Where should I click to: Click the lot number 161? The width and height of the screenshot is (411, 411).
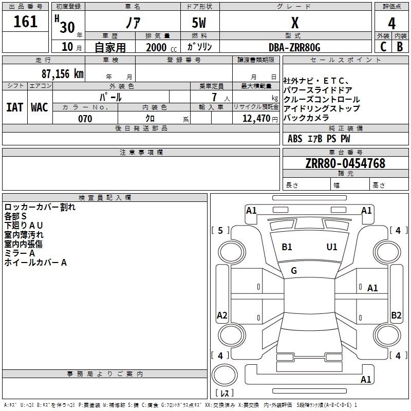click(26, 22)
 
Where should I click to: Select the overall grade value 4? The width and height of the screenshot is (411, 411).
click(392, 23)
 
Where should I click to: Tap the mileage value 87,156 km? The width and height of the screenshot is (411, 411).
click(63, 74)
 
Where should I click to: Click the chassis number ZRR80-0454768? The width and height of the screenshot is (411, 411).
click(345, 163)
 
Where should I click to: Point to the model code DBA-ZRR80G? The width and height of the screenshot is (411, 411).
click(294, 47)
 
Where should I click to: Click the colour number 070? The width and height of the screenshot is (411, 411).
click(85, 119)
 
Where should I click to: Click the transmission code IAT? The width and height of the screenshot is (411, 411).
click(15, 107)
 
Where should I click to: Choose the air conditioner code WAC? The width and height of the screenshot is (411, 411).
click(40, 107)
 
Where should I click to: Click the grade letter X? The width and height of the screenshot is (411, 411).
click(295, 23)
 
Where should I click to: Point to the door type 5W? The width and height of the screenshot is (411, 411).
click(199, 23)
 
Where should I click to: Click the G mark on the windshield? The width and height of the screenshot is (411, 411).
click(294, 270)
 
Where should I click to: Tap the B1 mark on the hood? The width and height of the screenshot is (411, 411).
click(287, 247)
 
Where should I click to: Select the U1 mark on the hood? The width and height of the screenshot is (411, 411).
click(332, 247)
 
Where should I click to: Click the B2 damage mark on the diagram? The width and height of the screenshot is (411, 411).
click(396, 315)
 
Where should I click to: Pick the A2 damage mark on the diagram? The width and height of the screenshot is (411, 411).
click(222, 315)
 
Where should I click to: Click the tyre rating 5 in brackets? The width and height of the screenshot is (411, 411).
click(220, 231)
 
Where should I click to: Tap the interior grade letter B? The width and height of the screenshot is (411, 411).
click(400, 47)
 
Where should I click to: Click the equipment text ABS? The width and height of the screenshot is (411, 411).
click(295, 138)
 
